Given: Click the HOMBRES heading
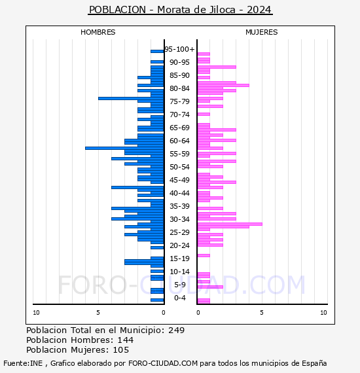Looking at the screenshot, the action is pyautogui.click(x=98, y=32).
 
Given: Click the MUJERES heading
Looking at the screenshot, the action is pyautogui.click(x=262, y=32).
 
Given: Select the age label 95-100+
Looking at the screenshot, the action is pyautogui.click(x=179, y=49).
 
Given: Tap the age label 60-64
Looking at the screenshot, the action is pyautogui.click(x=179, y=141).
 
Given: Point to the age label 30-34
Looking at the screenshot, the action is pyautogui.click(x=179, y=219).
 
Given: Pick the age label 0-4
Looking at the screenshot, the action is pyautogui.click(x=180, y=298).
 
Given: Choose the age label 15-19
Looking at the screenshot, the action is pyautogui.click(x=179, y=258).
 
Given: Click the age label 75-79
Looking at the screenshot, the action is pyautogui.click(x=179, y=101).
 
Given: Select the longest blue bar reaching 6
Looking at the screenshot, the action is pyautogui.click(x=124, y=148).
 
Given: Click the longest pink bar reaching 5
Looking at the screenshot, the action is pyautogui.click(x=230, y=224).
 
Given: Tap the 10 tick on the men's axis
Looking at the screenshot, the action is pyautogui.click(x=36, y=313).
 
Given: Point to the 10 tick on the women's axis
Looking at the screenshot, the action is pyautogui.click(x=323, y=313).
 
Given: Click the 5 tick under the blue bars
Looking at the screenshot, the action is pyautogui.click(x=98, y=313).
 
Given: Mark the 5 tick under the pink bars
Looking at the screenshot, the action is pyautogui.click(x=262, y=313).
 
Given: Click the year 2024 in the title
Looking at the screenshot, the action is pyautogui.click(x=259, y=10).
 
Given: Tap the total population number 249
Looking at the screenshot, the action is pyautogui.click(x=176, y=330).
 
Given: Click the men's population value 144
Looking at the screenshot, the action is pyautogui.click(x=126, y=340).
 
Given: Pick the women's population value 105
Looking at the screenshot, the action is pyautogui.click(x=121, y=350).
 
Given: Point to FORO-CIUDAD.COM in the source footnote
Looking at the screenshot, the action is pyautogui.click(x=163, y=363).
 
